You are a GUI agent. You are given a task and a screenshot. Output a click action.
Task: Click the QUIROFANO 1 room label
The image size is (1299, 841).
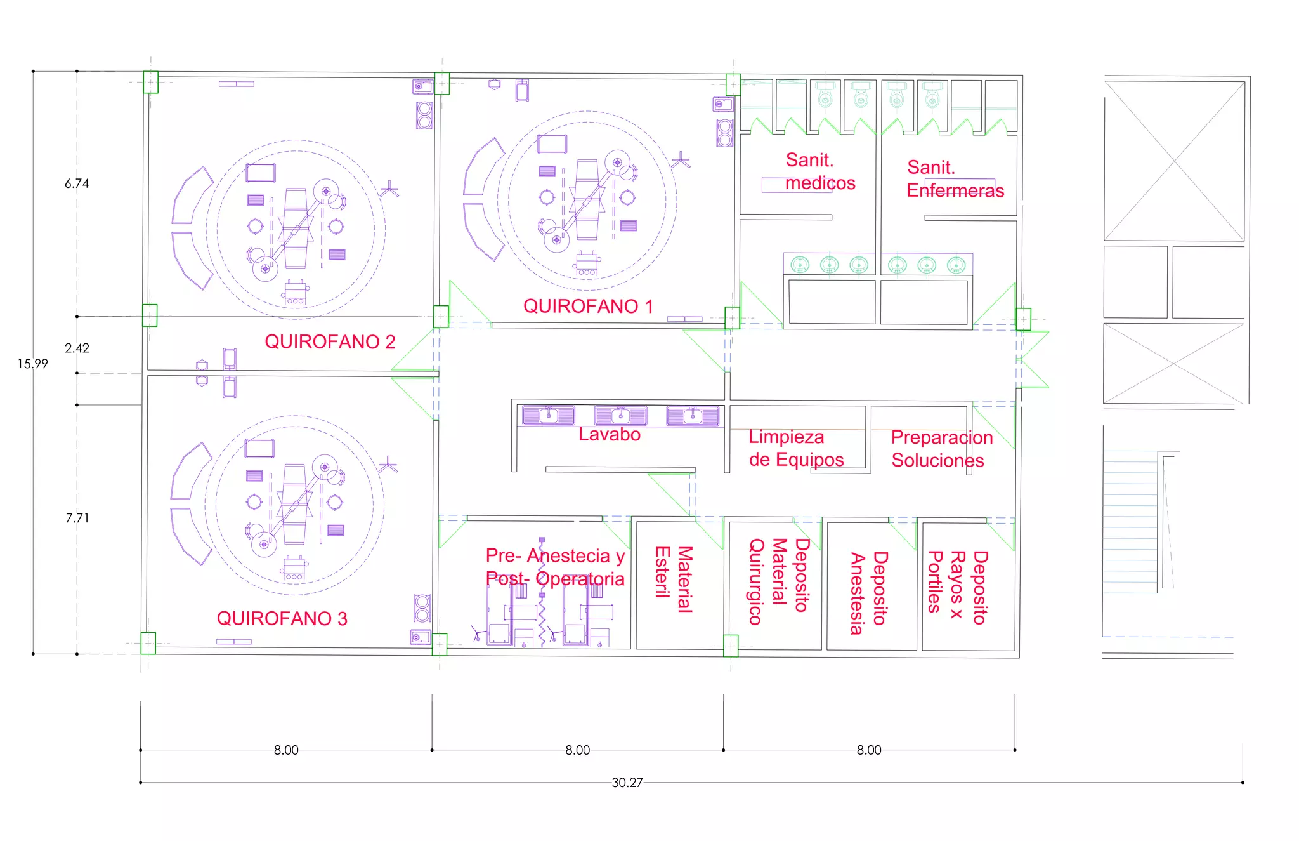[587, 307]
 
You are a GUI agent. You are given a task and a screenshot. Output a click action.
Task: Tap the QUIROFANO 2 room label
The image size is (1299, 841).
[330, 342]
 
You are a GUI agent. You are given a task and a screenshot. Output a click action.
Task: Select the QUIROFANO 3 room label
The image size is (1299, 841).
[282, 619]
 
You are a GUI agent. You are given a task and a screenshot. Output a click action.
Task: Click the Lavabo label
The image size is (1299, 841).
[609, 435]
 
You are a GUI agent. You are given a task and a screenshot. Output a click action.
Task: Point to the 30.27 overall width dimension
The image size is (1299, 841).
[627, 783]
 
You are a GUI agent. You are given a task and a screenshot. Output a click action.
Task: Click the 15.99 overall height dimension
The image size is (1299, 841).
[32, 364]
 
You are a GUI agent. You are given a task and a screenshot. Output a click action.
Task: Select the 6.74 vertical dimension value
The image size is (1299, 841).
[77, 183]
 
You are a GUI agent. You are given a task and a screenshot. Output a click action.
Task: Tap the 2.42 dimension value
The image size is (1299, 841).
[77, 348]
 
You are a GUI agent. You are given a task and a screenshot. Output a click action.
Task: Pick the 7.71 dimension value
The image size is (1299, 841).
[77, 518]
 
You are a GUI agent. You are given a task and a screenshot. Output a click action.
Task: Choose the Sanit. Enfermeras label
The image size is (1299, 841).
[955, 179]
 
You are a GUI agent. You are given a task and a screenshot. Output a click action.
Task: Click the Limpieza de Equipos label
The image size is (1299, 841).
[795, 448]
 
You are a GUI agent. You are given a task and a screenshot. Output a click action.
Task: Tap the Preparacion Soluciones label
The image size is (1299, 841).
[941, 449]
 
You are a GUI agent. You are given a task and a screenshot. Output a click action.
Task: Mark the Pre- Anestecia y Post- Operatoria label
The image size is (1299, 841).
[555, 567]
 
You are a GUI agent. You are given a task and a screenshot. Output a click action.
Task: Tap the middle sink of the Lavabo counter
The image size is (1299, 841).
[620, 416]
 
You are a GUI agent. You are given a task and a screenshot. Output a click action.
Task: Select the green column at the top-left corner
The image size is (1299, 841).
[150, 83]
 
